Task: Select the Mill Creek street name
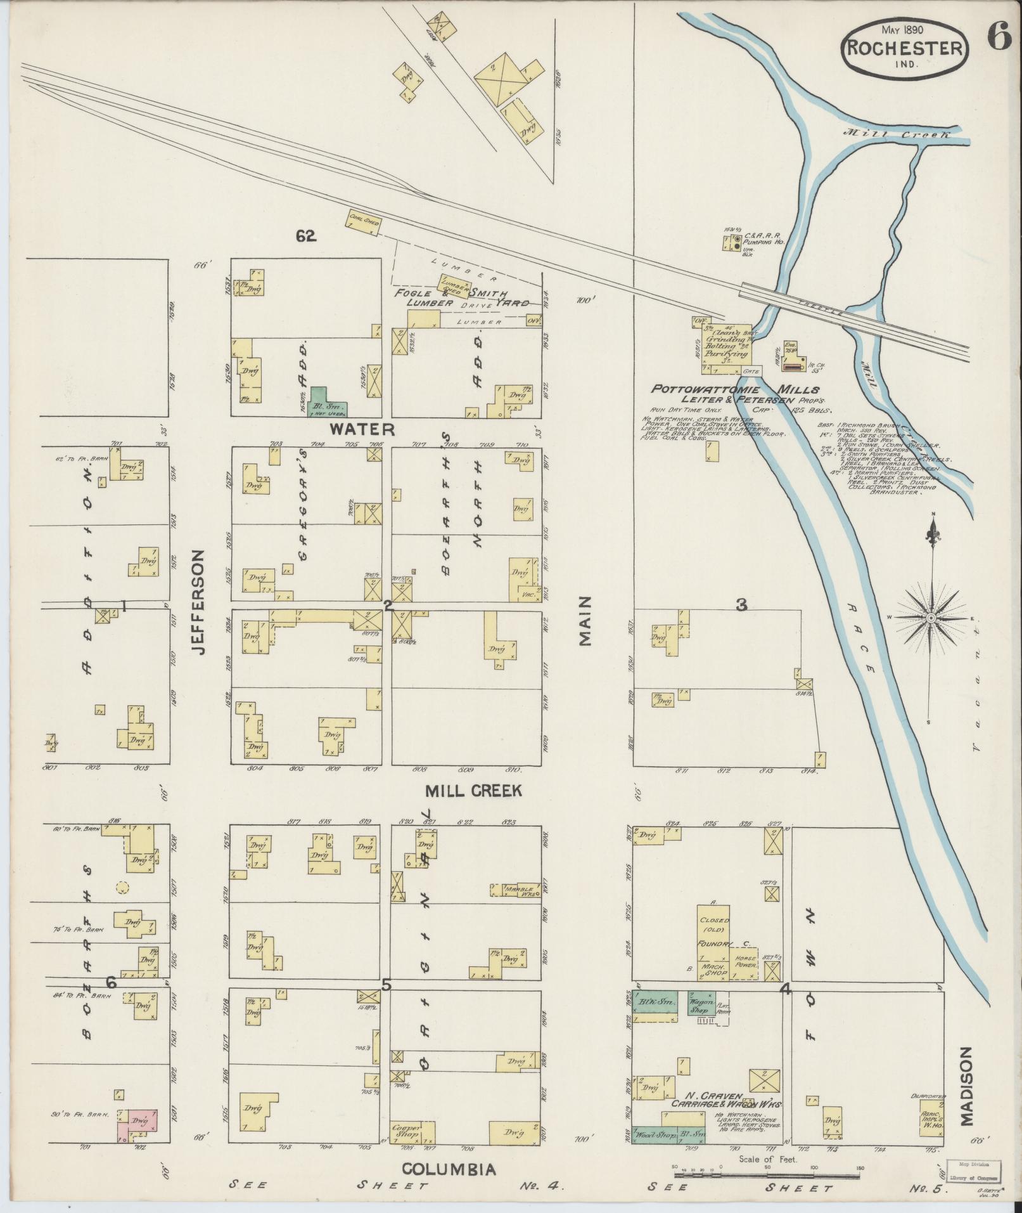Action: click(473, 791)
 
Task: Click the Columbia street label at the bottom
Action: click(449, 1169)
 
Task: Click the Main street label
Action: click(584, 620)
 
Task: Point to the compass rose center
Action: click(931, 617)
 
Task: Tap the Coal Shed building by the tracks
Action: click(364, 223)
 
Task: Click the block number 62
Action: click(305, 236)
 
